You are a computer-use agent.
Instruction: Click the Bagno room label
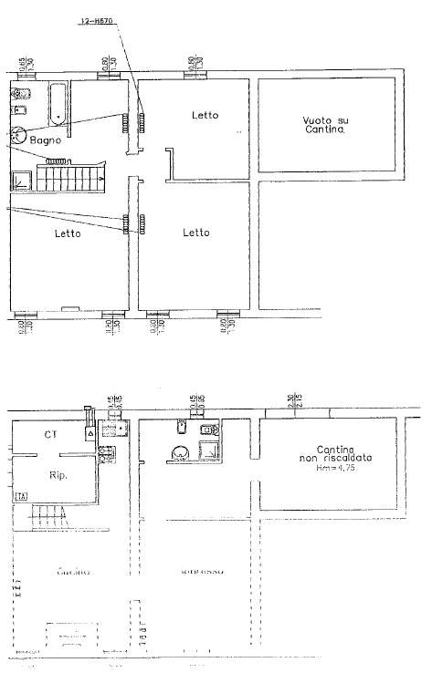tap(44, 140)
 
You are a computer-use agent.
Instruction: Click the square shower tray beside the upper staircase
tap(21, 181)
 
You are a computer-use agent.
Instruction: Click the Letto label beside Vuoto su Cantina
tap(205, 115)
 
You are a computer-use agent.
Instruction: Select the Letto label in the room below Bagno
tap(67, 233)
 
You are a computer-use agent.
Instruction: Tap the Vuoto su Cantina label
tap(325, 126)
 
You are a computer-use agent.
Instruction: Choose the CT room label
tap(52, 435)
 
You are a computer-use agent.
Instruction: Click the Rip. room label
tap(58, 474)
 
